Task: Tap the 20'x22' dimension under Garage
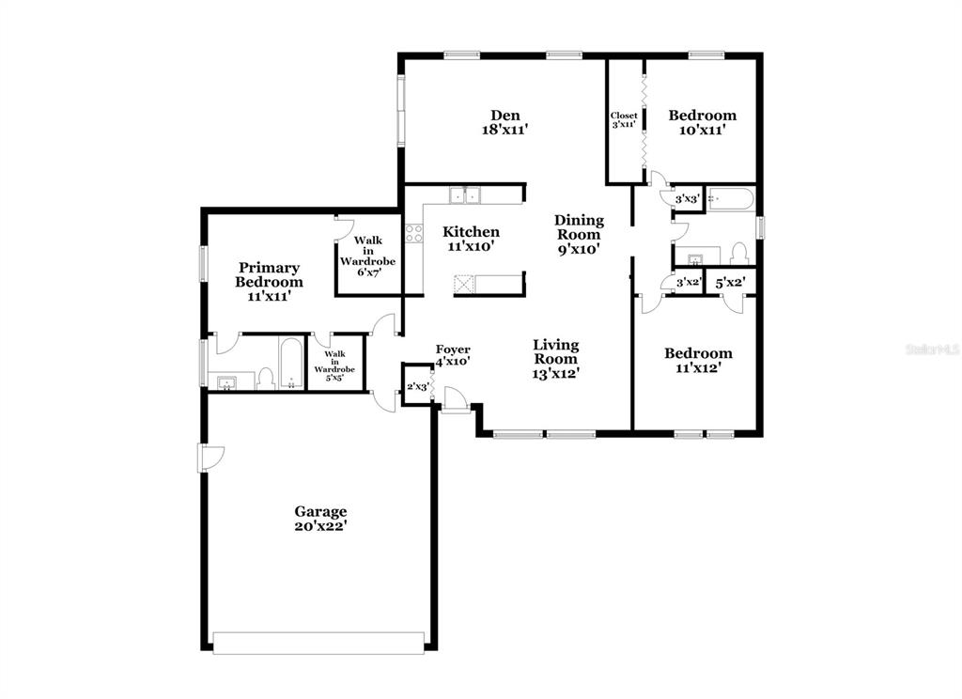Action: (x=320, y=527)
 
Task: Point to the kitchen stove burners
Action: (x=412, y=232)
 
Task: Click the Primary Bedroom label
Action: (x=269, y=274)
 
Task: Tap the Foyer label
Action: (x=452, y=349)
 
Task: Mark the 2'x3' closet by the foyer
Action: (x=417, y=387)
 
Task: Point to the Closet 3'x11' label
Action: (x=624, y=119)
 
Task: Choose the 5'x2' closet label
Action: (x=730, y=282)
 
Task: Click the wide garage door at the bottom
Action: (x=318, y=643)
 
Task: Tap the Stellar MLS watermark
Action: (x=931, y=349)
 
